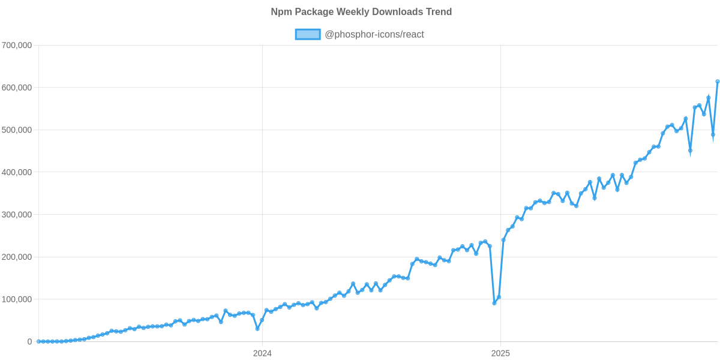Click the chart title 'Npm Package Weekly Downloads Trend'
point(361,12)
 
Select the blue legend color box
point(307,35)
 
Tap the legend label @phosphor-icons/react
point(374,35)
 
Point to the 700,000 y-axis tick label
point(17,46)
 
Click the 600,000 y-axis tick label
point(17,88)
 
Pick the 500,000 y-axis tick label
point(17,130)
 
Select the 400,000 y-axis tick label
point(17,172)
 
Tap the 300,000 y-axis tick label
point(17,215)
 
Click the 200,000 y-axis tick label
point(17,257)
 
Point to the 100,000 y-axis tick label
point(17,299)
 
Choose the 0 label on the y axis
point(29,342)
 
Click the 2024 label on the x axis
point(262,353)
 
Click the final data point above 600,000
point(717,82)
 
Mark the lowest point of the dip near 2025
point(494,304)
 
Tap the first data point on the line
point(38,341)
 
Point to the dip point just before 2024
point(257,329)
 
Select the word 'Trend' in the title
point(439,12)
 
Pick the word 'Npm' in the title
point(279,12)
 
